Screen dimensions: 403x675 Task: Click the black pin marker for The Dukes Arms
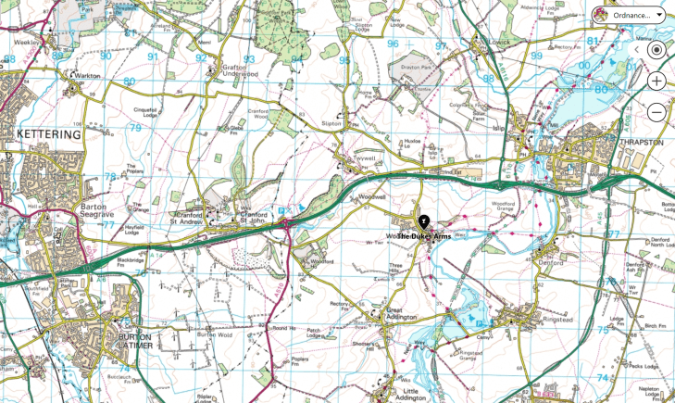(423, 222)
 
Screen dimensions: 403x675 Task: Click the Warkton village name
(88, 76)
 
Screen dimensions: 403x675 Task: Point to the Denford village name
(550, 262)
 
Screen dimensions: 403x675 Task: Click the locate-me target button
(656, 49)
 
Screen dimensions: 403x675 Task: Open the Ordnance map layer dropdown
(630, 15)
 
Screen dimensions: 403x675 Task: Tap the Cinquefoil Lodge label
(147, 110)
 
